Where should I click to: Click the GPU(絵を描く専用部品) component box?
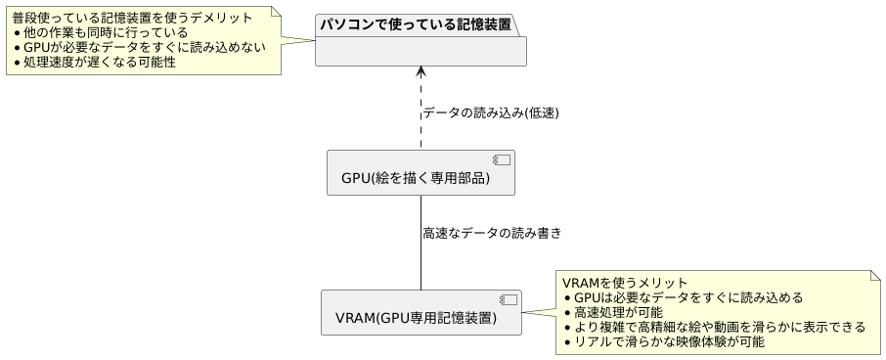(421, 172)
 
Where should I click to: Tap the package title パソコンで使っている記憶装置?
(416, 24)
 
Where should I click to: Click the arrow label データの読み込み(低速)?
(491, 112)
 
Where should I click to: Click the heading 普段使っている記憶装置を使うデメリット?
(132, 18)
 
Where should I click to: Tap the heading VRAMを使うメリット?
(625, 283)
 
